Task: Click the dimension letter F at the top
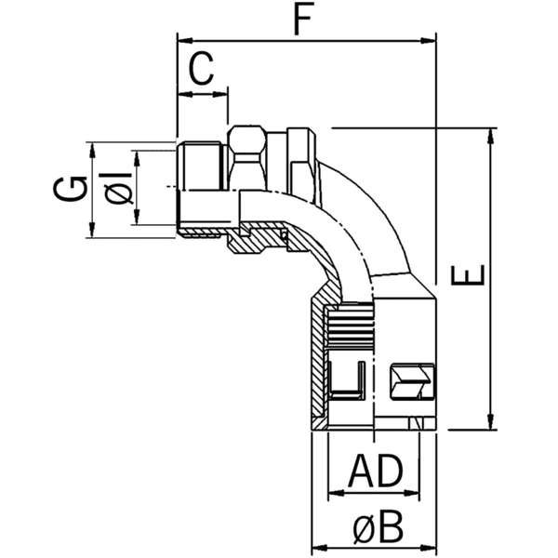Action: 299,20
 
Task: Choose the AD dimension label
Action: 375,472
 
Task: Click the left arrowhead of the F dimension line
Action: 182,41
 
